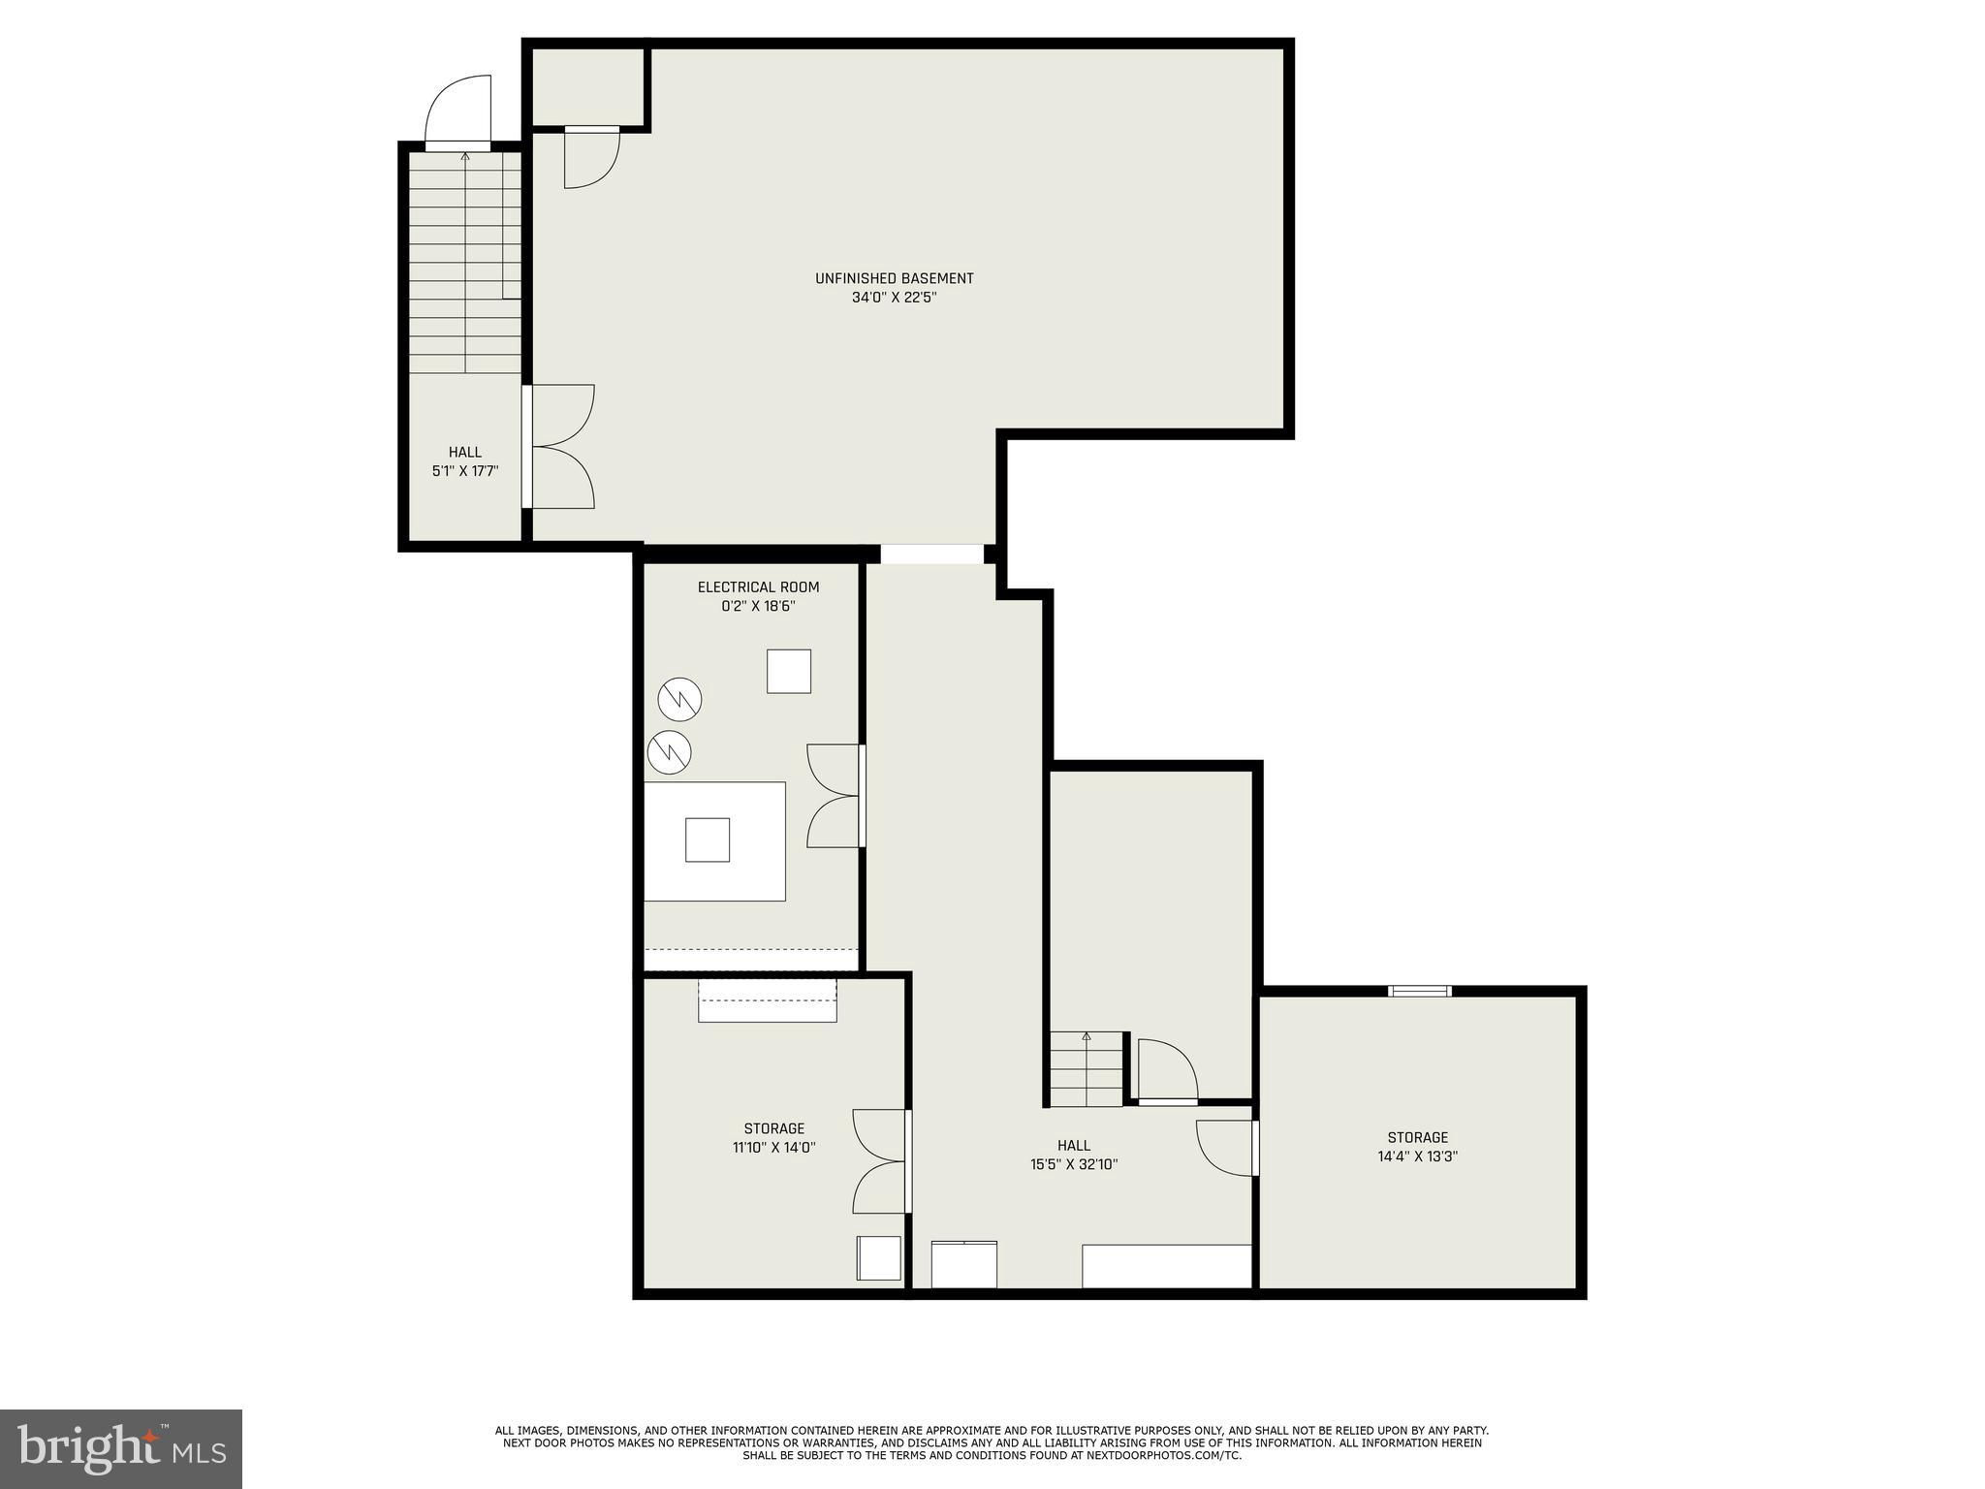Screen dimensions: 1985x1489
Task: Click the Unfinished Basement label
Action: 894,278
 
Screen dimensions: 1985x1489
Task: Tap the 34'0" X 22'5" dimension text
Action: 894,298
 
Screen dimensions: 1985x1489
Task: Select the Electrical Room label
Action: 758,586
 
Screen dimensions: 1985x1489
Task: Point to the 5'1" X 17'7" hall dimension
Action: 465,471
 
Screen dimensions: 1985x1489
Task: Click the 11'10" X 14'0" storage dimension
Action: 774,1148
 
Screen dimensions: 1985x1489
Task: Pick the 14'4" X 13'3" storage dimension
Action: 1417,1156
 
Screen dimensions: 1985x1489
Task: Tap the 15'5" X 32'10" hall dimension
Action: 1074,1164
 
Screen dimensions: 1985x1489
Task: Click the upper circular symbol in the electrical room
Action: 679,698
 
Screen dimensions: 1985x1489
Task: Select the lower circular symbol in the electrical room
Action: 670,751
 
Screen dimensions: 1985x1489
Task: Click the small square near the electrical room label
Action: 789,671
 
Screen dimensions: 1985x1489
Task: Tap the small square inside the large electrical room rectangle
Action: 708,840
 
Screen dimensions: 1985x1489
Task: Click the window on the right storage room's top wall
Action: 1419,991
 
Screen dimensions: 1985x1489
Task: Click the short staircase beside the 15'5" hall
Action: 1087,1068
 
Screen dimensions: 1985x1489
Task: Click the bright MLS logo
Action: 121,1449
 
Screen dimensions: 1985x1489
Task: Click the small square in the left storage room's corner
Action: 878,1257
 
